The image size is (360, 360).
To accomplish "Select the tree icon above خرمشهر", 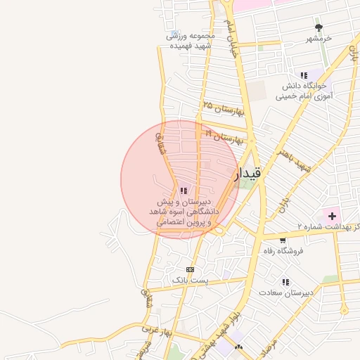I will [x=319, y=28].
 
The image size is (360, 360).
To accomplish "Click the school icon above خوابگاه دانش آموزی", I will [x=304, y=75].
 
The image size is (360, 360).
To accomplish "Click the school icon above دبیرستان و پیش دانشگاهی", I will [x=184, y=190].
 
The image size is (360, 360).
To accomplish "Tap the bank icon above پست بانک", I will [x=190, y=269].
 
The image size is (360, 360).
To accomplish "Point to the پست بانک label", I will [x=190, y=280].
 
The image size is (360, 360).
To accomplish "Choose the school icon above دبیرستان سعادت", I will [x=285, y=281].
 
